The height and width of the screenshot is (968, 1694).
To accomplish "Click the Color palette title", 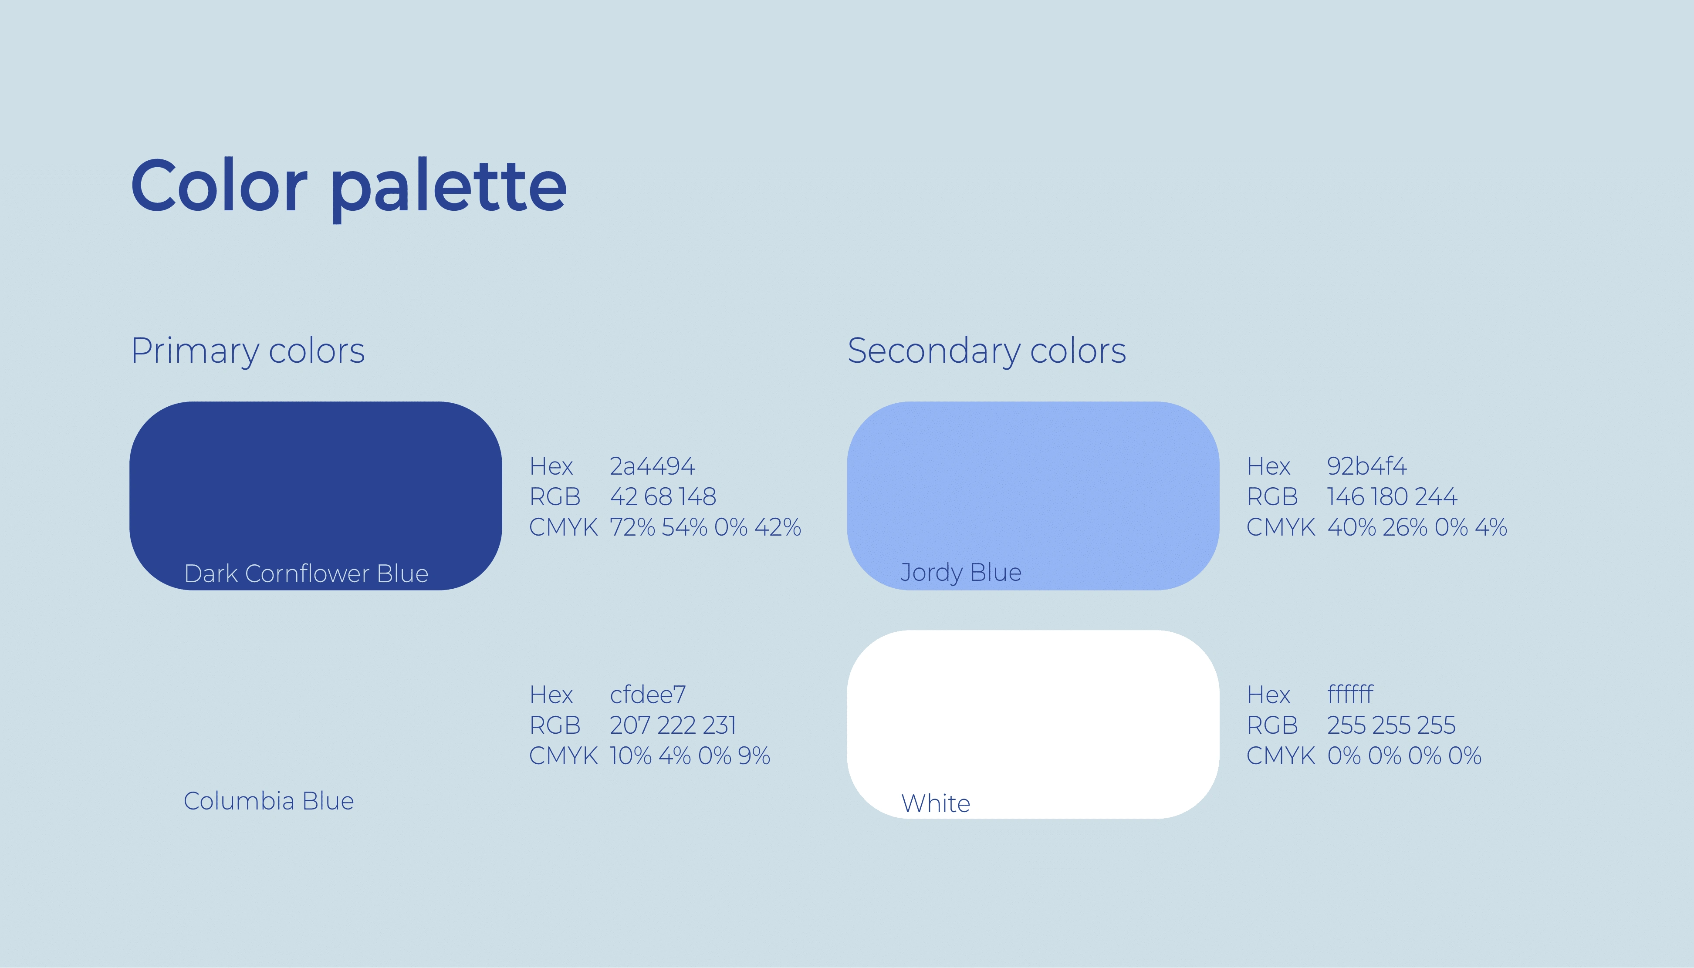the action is (x=349, y=188).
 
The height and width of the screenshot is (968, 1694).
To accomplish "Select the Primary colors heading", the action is (x=248, y=351).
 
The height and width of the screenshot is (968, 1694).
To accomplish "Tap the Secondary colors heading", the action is (x=987, y=351).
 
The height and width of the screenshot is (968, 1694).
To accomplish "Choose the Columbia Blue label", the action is (x=269, y=801).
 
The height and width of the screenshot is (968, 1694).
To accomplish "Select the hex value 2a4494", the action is (x=652, y=466).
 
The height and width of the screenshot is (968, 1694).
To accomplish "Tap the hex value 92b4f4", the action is (x=1367, y=466).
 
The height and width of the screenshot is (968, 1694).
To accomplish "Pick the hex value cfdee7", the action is (x=648, y=695).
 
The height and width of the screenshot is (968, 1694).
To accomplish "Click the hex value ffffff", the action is (x=1350, y=695).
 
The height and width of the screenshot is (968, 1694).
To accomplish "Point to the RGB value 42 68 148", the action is (x=663, y=497).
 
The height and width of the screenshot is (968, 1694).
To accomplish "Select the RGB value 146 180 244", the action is (x=1392, y=497).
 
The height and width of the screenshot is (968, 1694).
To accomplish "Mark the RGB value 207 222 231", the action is (x=673, y=725).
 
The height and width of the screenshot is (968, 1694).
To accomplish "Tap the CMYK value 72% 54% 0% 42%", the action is (x=705, y=527).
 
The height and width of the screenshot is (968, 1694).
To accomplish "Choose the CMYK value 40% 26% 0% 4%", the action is (x=1417, y=527).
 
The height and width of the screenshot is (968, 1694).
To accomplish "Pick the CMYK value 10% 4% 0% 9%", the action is (x=690, y=756).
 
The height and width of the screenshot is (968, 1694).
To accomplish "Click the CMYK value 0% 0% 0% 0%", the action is (x=1405, y=756).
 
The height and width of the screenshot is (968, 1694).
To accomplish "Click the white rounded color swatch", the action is (x=1033, y=725).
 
